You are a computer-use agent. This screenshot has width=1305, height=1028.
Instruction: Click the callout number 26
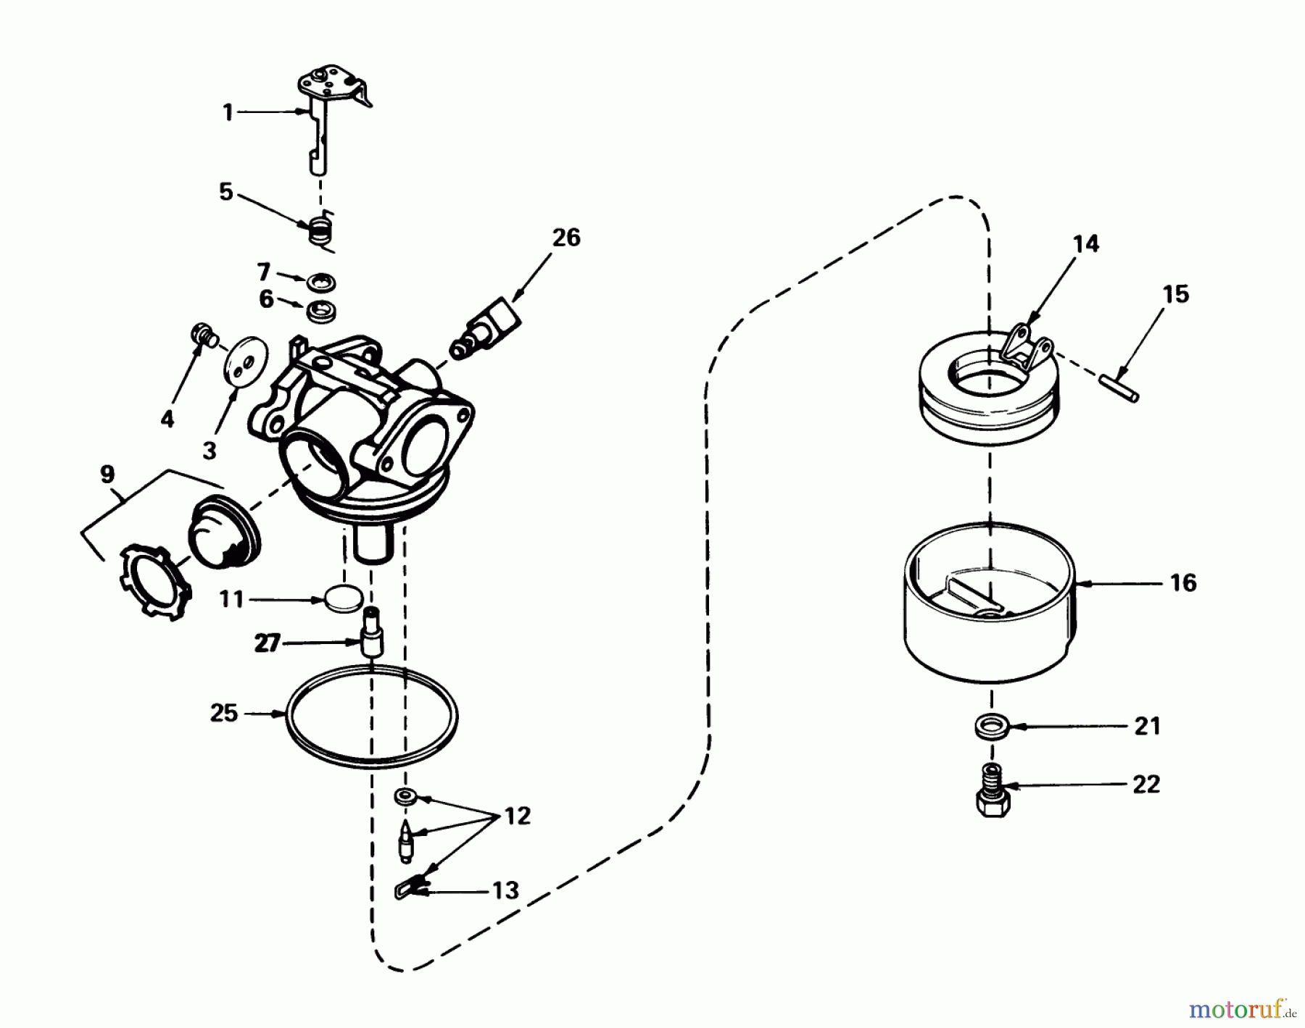point(566,238)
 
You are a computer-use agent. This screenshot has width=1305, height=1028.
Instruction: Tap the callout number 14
point(1085,244)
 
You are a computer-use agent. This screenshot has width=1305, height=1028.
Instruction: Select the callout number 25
point(224,713)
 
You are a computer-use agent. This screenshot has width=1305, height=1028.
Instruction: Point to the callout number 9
point(107,475)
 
